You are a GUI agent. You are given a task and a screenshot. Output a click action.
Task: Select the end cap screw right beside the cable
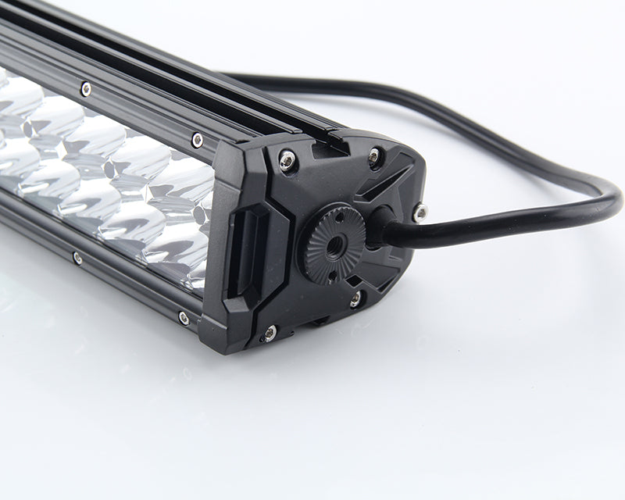(x=420, y=211)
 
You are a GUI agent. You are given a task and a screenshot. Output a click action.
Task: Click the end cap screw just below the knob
(x=355, y=298)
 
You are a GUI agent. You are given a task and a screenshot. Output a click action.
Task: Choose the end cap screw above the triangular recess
(x=375, y=157)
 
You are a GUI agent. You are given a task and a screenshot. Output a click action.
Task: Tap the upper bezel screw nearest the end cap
(x=197, y=140)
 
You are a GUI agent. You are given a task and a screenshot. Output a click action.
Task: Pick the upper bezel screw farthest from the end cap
(x=85, y=89)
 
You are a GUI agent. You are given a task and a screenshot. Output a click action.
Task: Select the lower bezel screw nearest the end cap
(x=184, y=317)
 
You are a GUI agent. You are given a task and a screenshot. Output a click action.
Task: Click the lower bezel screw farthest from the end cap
(x=77, y=257)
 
